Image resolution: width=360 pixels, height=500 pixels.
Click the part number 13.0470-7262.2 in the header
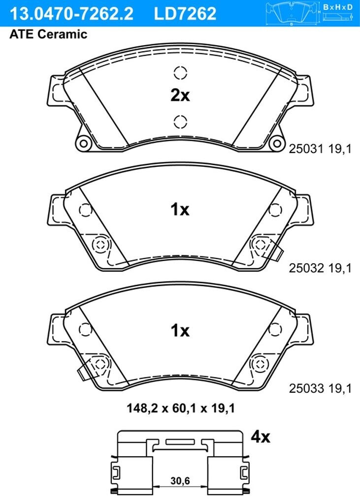pyautogui.click(x=71, y=13)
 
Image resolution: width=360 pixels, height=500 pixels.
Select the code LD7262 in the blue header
pyautogui.click(x=185, y=13)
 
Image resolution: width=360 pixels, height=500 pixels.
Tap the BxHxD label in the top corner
pyautogui.click(x=338, y=7)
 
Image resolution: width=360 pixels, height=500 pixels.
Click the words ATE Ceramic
pyautogui.click(x=49, y=34)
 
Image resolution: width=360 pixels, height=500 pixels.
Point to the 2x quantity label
pyautogui.click(x=180, y=95)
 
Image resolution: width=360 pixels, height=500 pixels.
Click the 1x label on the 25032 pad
pyautogui.click(x=180, y=210)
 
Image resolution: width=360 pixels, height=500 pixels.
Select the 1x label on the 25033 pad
pyautogui.click(x=180, y=331)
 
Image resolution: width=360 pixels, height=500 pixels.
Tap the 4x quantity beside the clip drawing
pyautogui.click(x=261, y=437)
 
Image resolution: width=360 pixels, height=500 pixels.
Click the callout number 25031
pyautogui.click(x=306, y=149)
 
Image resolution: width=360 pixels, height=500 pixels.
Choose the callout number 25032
pyautogui.click(x=306, y=268)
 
